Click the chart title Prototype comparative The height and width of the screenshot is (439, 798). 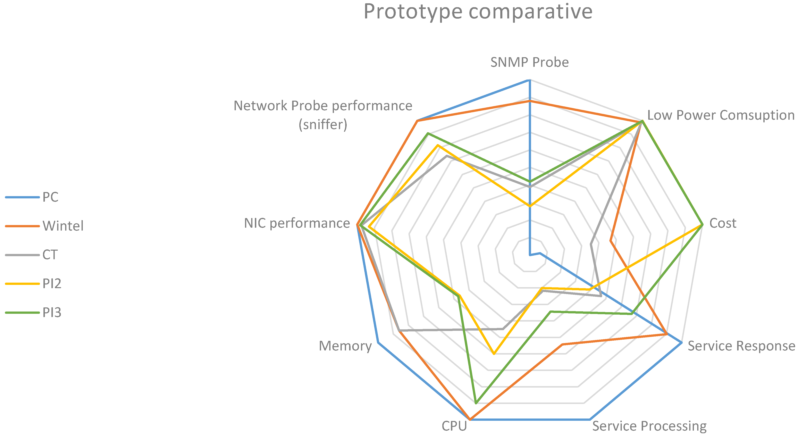pos(478,12)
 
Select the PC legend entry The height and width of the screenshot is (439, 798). pos(50,197)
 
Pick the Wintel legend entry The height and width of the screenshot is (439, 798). pos(63,226)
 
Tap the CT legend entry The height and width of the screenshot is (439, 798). pos(50,255)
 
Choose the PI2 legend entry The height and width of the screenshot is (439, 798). pos(52,283)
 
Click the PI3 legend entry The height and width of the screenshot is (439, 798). pos(52,312)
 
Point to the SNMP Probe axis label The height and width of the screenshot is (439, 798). pos(529,62)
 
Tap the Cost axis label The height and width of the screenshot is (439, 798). pos(723,223)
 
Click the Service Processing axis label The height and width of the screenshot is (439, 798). pos(649,426)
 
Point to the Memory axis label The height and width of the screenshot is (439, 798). pos(345,346)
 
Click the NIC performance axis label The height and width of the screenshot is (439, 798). pos(297,223)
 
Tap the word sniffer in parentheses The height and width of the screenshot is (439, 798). pos(323,125)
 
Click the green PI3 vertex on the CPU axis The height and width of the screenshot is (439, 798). pos(476,403)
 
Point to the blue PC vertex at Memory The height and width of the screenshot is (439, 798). pos(378,342)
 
